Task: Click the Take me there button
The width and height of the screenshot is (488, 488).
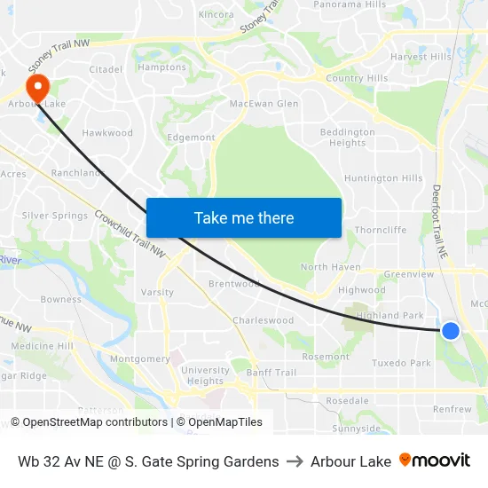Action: click(244, 218)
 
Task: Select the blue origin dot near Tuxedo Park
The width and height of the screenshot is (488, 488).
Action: click(451, 331)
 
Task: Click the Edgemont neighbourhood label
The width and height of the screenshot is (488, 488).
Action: click(191, 138)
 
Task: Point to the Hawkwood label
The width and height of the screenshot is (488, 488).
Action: click(107, 133)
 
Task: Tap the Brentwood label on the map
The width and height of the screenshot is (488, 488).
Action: click(233, 284)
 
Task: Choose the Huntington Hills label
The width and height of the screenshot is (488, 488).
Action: click(383, 178)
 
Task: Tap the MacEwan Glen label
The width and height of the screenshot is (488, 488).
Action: click(264, 104)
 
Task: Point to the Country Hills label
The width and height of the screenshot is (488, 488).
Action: click(357, 78)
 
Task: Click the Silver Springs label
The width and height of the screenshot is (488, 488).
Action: click(55, 216)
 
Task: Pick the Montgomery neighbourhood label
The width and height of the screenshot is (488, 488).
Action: click(140, 359)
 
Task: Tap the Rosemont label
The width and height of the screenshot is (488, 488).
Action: click(326, 357)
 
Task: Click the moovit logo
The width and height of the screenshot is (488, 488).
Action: click(435, 460)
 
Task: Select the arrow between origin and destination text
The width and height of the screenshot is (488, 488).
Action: click(295, 461)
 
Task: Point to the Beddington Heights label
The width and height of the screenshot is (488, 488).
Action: click(347, 138)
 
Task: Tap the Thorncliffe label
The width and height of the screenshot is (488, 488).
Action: click(380, 230)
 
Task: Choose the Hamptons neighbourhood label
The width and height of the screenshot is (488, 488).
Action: click(162, 67)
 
